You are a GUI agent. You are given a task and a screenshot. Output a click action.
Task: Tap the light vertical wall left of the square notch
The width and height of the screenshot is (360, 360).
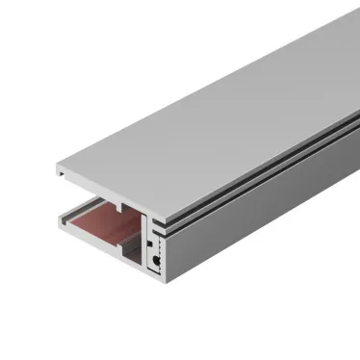pos(145,245)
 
